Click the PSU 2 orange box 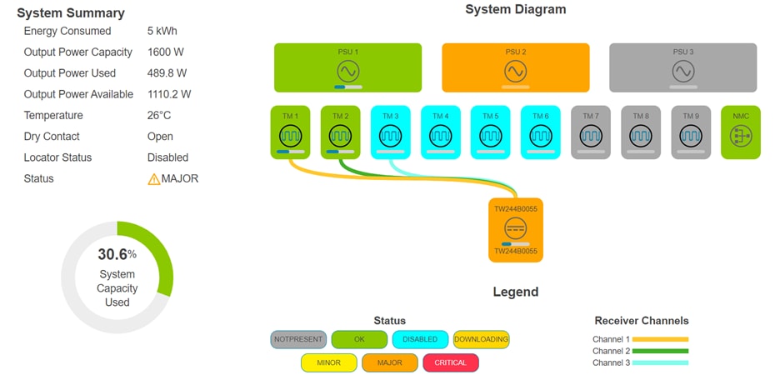tap(515, 67)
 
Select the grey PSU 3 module tap(682, 67)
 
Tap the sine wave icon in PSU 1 tap(347, 71)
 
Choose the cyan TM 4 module tap(441, 132)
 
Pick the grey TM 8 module tap(641, 132)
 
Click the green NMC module tap(741, 132)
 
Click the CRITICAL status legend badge tap(450, 362)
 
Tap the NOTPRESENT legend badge tap(297, 339)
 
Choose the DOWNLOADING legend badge tap(481, 339)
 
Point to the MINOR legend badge tap(328, 362)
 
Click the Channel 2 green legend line tap(661, 351)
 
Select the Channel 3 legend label tap(611, 362)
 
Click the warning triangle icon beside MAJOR tap(153, 178)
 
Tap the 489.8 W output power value tap(167, 73)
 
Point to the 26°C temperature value tap(159, 115)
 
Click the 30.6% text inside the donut tap(117, 255)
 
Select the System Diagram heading tap(515, 10)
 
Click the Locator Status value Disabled tap(167, 157)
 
